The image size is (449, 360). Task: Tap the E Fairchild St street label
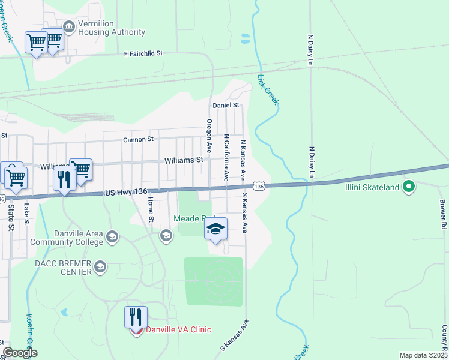pyautogui.click(x=143, y=53)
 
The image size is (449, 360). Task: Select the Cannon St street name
pyautogui.click(x=138, y=139)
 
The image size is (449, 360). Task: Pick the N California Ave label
pyautogui.click(x=226, y=157)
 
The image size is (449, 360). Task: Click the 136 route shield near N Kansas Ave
pyautogui.click(x=259, y=187)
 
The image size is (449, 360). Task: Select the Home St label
pyautogui.click(x=151, y=211)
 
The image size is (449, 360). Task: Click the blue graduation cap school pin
pyautogui.click(x=216, y=229)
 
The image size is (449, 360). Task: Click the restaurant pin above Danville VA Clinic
pyautogui.click(x=136, y=316)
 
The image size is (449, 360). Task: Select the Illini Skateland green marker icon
pyautogui.click(x=409, y=187)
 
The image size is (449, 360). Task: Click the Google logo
pyautogui.click(x=20, y=353)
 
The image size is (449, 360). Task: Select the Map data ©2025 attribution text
pyautogui.click(x=423, y=355)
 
